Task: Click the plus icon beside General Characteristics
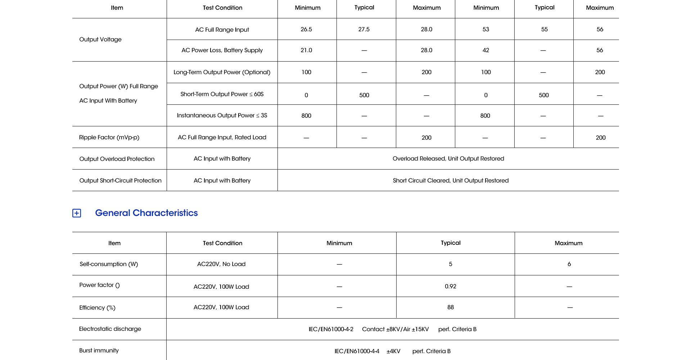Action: tap(77, 213)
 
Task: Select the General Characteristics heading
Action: tap(146, 213)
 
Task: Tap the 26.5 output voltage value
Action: tap(306, 29)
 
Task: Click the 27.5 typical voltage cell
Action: tap(364, 29)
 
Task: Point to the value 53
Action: tap(485, 29)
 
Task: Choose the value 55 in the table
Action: tap(544, 29)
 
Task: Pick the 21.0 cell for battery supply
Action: tap(306, 50)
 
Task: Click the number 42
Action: tap(485, 50)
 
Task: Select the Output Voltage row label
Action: tap(100, 39)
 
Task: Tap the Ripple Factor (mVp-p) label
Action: tap(109, 137)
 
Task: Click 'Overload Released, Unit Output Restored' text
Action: tap(448, 158)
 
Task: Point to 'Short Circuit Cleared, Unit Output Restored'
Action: tap(451, 180)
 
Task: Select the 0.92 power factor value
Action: tap(450, 286)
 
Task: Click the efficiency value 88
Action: tap(450, 307)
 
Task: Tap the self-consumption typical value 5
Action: tap(450, 264)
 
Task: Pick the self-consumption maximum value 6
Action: tap(569, 264)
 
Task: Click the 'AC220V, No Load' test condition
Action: tap(221, 264)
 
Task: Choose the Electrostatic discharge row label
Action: tap(110, 329)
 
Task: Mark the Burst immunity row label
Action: tap(99, 350)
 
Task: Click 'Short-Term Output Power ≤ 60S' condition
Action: tap(222, 94)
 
